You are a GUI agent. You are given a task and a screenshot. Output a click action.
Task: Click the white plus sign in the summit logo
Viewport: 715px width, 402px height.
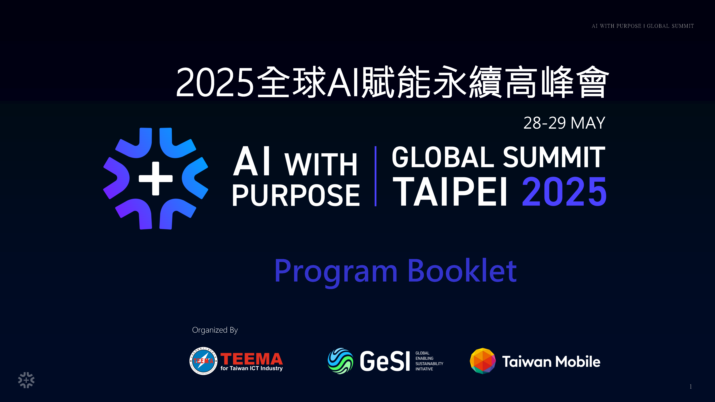tap(156, 178)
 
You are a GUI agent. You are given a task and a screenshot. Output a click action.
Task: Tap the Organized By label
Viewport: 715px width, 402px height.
tap(215, 330)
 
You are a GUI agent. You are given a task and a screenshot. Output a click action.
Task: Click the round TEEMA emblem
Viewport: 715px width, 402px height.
tap(203, 361)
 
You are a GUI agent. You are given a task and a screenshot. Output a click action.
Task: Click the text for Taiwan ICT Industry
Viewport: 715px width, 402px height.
tap(251, 368)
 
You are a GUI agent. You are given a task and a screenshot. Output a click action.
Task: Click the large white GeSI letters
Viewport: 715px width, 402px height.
tap(385, 361)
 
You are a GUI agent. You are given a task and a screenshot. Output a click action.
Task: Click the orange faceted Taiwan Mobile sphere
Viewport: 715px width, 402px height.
tap(483, 361)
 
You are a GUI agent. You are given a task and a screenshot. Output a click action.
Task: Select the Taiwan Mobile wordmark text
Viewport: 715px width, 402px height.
tap(551, 362)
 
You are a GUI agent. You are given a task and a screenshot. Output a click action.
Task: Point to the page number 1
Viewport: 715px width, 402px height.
tap(691, 386)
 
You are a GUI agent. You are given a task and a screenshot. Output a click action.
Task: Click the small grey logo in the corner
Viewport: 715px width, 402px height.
tap(26, 380)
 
